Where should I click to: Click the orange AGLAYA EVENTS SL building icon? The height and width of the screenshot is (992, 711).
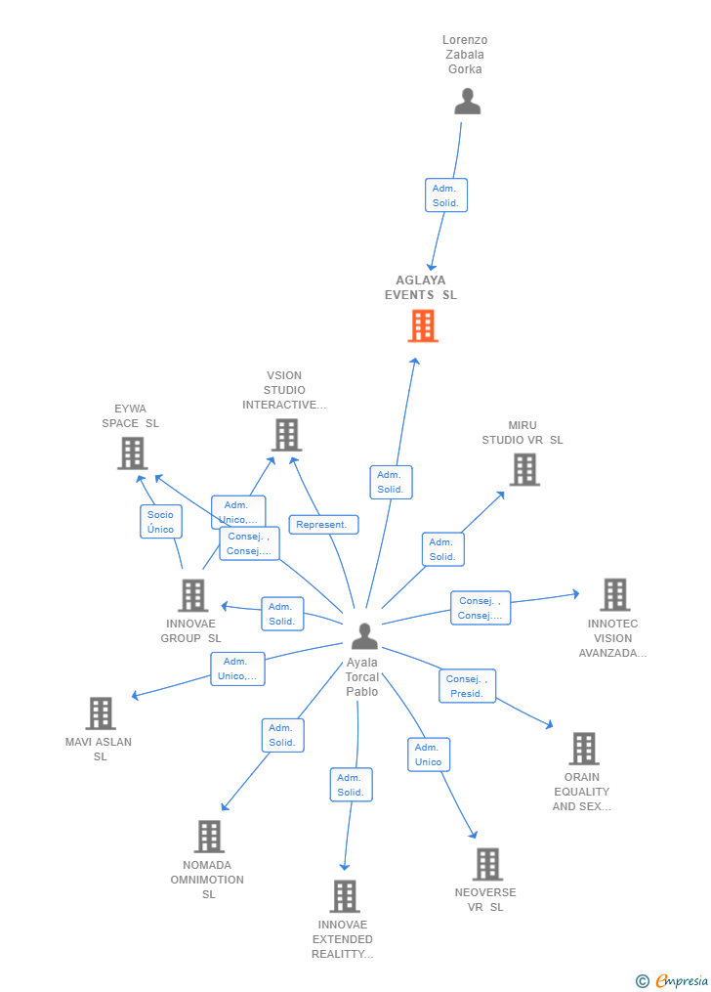point(423,325)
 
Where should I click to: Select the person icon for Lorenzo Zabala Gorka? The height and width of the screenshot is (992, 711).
point(468,102)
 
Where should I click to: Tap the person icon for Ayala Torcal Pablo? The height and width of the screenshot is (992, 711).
point(364,636)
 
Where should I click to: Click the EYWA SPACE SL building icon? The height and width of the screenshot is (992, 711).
point(132,453)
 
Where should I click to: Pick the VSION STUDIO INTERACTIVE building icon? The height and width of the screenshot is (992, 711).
point(286,435)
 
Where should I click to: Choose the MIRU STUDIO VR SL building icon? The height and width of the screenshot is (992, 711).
point(524,469)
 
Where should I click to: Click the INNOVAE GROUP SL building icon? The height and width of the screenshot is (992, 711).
point(192,595)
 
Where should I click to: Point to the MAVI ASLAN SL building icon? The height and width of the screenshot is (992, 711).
point(101,713)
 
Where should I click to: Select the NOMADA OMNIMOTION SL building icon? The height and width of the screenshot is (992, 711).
point(209,837)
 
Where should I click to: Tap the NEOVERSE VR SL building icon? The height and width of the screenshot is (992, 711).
point(487,864)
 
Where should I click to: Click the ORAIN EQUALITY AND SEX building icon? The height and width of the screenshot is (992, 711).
point(583,749)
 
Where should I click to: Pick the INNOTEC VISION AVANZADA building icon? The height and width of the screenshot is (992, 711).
point(614,594)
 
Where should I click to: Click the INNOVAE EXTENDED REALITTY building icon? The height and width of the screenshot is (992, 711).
point(344,896)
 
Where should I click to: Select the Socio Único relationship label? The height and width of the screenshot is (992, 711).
point(160,522)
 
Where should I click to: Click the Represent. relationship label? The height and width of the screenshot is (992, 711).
point(323,525)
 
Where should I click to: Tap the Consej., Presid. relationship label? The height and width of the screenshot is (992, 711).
point(468,686)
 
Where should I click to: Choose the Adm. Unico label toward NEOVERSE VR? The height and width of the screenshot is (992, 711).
point(428,755)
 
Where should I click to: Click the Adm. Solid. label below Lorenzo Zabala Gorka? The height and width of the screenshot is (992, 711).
point(446,195)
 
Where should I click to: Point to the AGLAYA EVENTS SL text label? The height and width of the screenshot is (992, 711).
point(421,287)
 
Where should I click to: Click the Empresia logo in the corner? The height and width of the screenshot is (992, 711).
point(673,980)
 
